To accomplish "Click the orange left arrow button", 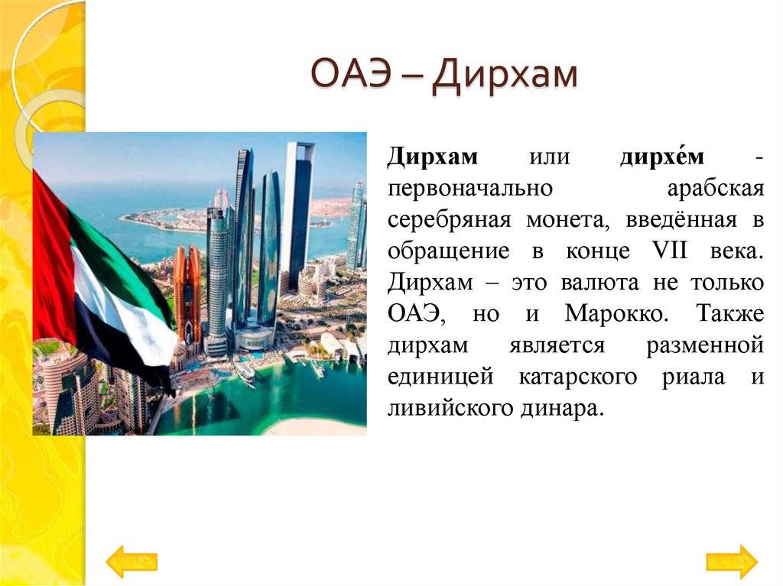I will tap(131, 562).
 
